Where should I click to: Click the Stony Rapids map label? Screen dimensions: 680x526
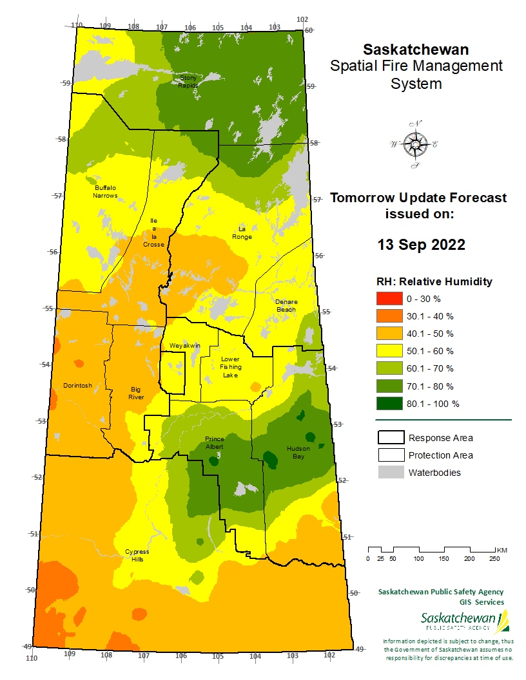[x=188, y=81]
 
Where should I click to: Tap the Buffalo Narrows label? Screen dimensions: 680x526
[x=106, y=191]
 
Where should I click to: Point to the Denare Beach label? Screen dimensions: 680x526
[x=286, y=305]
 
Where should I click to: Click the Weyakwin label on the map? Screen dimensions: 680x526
[x=185, y=346]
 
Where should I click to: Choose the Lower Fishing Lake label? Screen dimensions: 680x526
[x=230, y=367]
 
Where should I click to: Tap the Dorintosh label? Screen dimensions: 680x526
[x=77, y=386]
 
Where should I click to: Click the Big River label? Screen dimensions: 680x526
[x=136, y=393]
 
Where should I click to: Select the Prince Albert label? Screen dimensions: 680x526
[x=215, y=442]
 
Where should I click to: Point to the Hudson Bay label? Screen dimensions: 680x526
[x=298, y=452]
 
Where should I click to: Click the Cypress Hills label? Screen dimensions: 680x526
[x=137, y=555]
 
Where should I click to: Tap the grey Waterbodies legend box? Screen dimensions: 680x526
[x=389, y=473]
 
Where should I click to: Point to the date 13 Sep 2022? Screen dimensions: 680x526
[x=421, y=245]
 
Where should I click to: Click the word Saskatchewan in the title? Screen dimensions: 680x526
[x=416, y=50]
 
